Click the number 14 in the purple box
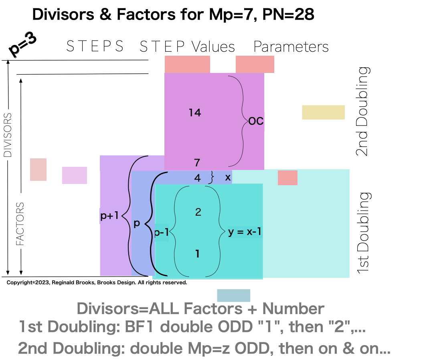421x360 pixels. tap(195, 113)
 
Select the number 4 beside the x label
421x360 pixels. tap(197, 178)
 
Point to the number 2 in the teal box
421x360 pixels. tap(198, 212)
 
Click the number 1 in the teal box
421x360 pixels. tap(197, 254)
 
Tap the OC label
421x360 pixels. tap(256, 121)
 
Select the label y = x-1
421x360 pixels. tap(245, 232)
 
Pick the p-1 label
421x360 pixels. tap(161, 233)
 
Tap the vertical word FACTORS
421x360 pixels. tap(20, 224)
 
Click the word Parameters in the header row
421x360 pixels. tap(291, 47)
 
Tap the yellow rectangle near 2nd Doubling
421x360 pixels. tap(323, 112)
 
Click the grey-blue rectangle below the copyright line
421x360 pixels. tap(233, 295)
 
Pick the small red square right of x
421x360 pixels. tap(287, 178)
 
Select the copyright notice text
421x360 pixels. tap(97, 283)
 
